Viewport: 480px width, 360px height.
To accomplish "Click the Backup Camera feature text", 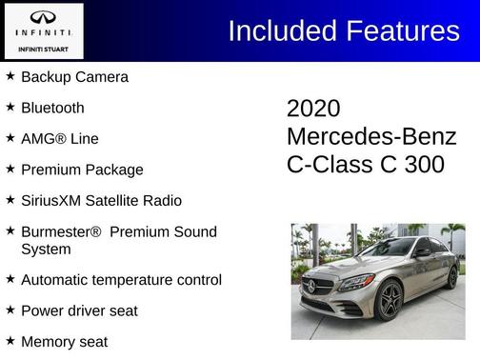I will [x=74, y=76].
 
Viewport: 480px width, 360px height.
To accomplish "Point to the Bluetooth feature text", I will [x=52, y=108].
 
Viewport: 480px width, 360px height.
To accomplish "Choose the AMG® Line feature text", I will [x=59, y=138].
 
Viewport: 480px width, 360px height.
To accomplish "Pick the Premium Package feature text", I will [x=82, y=170].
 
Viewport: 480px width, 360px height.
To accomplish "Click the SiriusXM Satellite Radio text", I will [x=101, y=201].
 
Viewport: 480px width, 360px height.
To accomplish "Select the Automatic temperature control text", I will [x=121, y=280].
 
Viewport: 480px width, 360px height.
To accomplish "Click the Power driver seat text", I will [x=79, y=310].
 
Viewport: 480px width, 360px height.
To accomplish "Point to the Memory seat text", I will [x=64, y=341].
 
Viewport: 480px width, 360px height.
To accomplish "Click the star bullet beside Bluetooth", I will [x=10, y=107].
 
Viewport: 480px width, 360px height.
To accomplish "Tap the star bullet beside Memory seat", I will [x=10, y=340].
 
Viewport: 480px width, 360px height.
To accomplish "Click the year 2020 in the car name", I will [x=313, y=109].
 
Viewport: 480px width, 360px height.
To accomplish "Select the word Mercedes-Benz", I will [x=371, y=136].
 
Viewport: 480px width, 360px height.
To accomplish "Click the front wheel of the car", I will [x=389, y=301].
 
